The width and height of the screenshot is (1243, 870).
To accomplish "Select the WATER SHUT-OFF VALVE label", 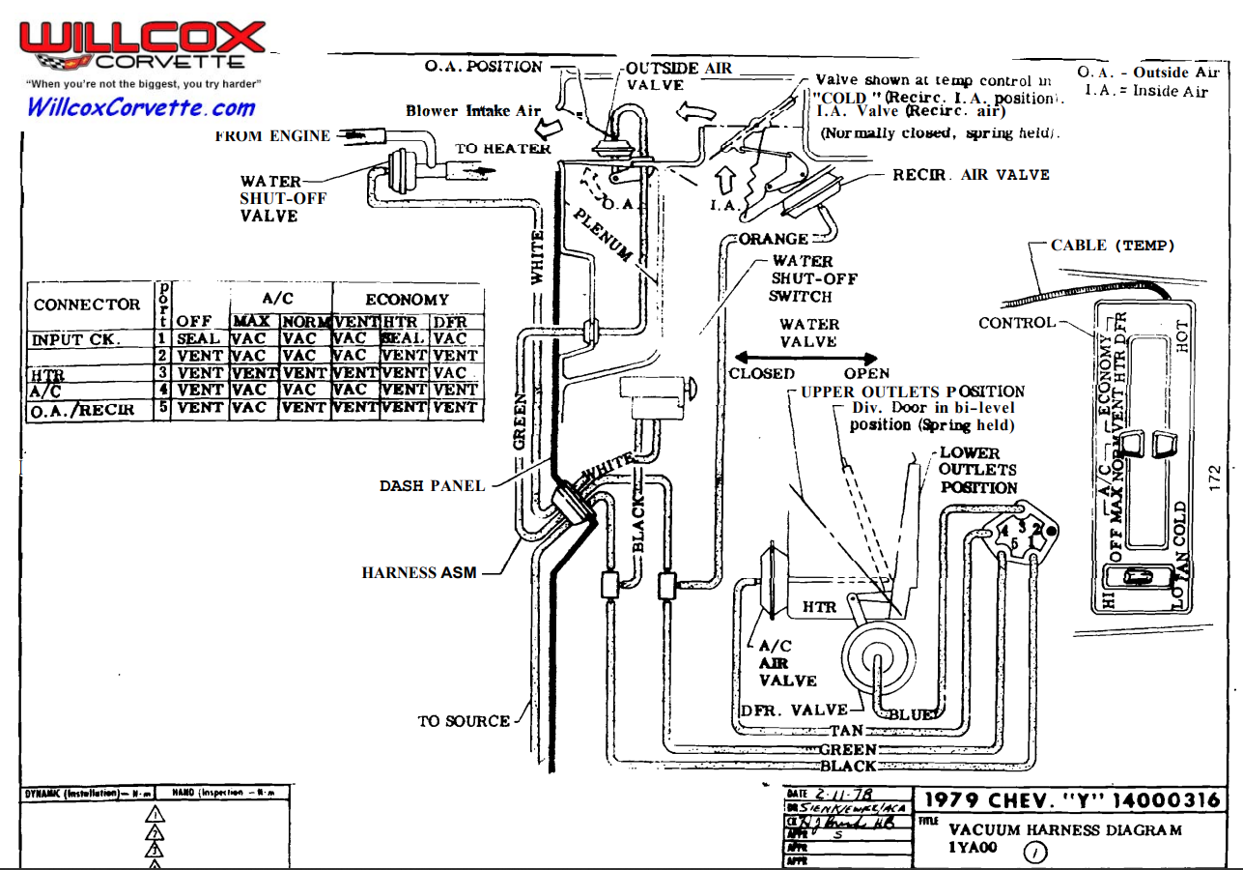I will pyautogui.click(x=283, y=198).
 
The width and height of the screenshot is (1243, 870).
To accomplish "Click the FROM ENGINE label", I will pyautogui.click(x=272, y=136).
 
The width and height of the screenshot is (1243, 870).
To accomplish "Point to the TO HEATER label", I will pyautogui.click(x=503, y=149).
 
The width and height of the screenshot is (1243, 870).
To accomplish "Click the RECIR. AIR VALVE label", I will pyautogui.click(x=971, y=175).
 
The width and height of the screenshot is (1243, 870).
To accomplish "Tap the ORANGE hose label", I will pyautogui.click(x=774, y=239).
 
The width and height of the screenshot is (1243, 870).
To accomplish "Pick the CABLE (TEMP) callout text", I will pyautogui.click(x=1113, y=246).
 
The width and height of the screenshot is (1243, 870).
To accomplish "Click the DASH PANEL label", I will pyautogui.click(x=432, y=485).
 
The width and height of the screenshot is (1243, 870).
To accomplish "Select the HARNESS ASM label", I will pyautogui.click(x=419, y=572).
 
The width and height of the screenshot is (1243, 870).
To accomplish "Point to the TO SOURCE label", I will pyautogui.click(x=464, y=721).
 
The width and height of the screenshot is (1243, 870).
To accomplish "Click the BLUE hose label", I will pyautogui.click(x=911, y=714).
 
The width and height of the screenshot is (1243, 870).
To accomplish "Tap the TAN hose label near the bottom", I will pyautogui.click(x=846, y=732).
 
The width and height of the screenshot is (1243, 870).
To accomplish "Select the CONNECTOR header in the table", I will pyautogui.click(x=87, y=304).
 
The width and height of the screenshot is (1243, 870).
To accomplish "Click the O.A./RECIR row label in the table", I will pyautogui.click(x=77, y=410).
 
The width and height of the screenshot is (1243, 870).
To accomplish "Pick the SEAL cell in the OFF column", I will pyautogui.click(x=198, y=339).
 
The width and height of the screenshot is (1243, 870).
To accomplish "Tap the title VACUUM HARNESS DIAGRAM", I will pyautogui.click(x=1064, y=829).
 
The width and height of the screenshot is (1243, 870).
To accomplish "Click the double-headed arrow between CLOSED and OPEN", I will pyautogui.click(x=806, y=358).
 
